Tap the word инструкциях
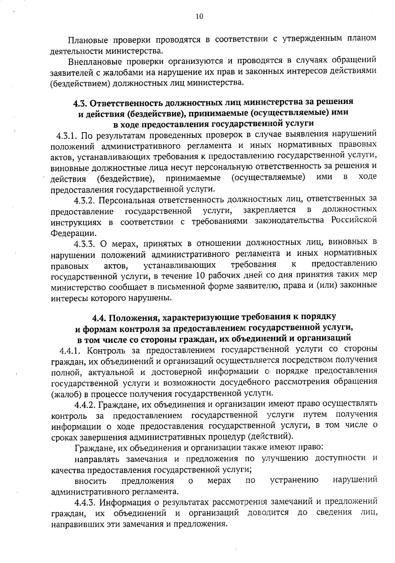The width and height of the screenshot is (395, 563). (x=76, y=222)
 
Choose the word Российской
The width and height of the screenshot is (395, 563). (x=354, y=220)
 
